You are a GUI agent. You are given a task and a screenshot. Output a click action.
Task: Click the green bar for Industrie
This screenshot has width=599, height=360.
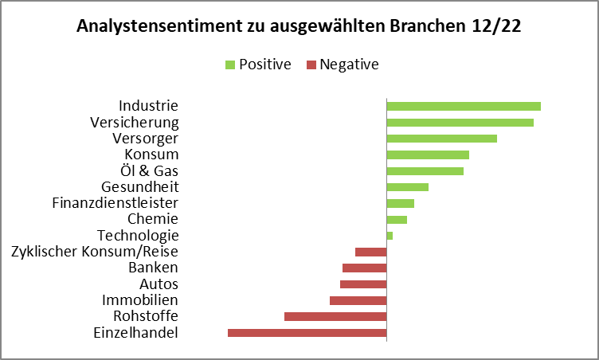(464, 106)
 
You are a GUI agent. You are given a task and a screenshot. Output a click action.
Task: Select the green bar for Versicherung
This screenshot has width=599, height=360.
(460, 122)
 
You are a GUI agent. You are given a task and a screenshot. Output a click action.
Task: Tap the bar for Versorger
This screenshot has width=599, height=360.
(441, 139)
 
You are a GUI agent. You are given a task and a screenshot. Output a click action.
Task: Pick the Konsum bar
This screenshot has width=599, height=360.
(428, 155)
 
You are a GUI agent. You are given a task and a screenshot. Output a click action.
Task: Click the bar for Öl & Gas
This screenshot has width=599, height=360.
(425, 170)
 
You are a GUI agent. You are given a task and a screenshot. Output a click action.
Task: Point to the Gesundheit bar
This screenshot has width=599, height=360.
(407, 187)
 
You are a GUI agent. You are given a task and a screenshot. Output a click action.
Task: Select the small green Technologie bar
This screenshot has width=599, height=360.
(390, 236)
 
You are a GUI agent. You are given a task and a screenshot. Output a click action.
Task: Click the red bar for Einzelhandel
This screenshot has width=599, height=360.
(307, 333)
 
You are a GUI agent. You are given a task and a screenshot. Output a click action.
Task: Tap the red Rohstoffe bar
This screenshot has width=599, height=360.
(335, 316)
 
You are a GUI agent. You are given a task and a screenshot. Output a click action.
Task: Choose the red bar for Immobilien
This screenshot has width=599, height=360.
(358, 300)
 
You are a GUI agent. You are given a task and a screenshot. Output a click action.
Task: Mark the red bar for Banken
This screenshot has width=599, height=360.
(364, 268)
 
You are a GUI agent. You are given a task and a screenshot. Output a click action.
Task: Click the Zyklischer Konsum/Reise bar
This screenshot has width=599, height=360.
(370, 252)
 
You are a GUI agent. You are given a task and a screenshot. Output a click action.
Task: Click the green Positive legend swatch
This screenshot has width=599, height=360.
(230, 65)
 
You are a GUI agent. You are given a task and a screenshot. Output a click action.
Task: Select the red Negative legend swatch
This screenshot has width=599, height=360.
(311, 65)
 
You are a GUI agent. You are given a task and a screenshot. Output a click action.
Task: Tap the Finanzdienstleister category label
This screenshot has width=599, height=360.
(115, 203)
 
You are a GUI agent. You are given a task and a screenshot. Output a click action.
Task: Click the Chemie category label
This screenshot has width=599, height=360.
(153, 219)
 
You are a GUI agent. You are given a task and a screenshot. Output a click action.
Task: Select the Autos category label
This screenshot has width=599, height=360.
(159, 284)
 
